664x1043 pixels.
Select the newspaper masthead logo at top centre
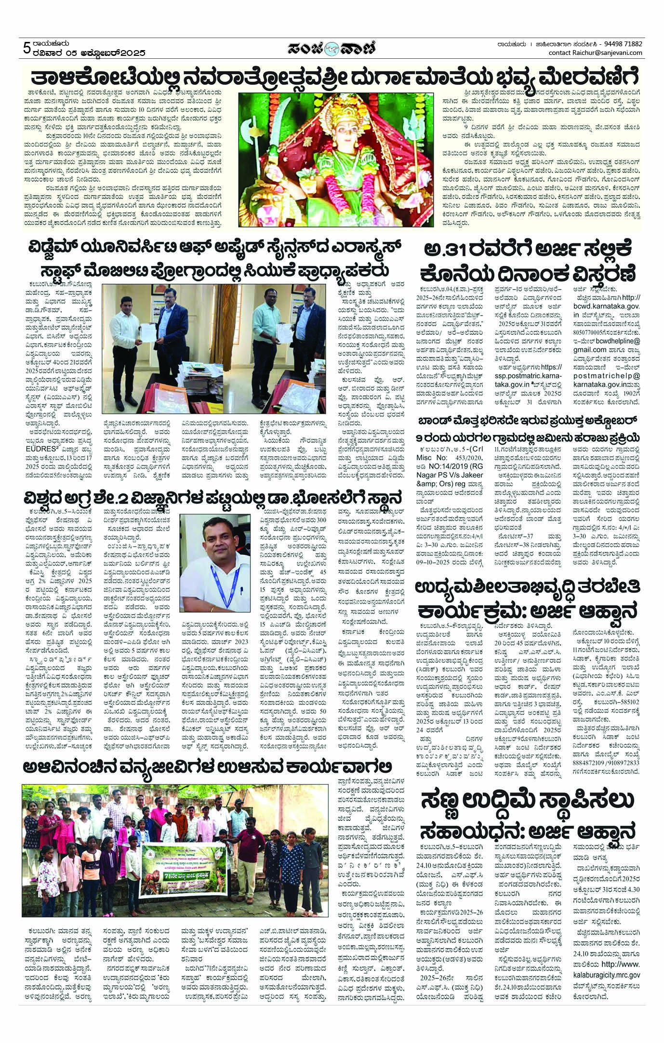click(332, 48)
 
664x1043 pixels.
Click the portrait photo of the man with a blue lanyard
click(212, 561)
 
